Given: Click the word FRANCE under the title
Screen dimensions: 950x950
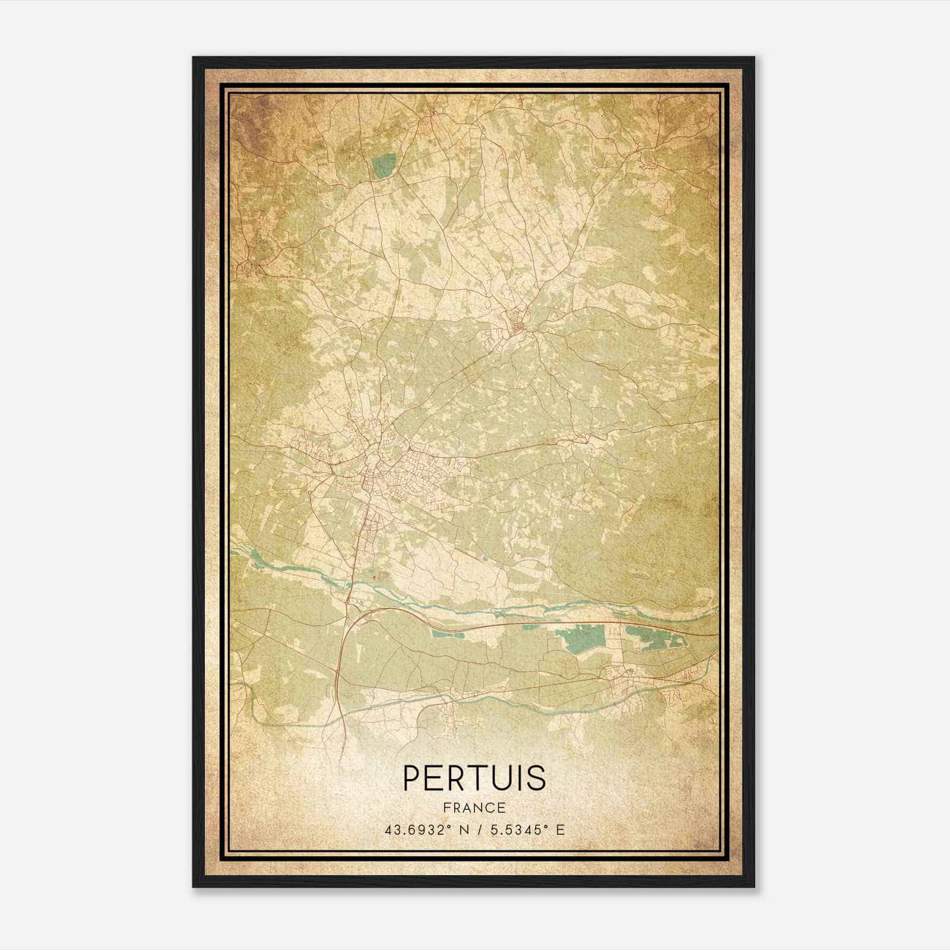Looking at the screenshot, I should pos(474,807).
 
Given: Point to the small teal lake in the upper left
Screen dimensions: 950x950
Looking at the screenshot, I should pos(384,166).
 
